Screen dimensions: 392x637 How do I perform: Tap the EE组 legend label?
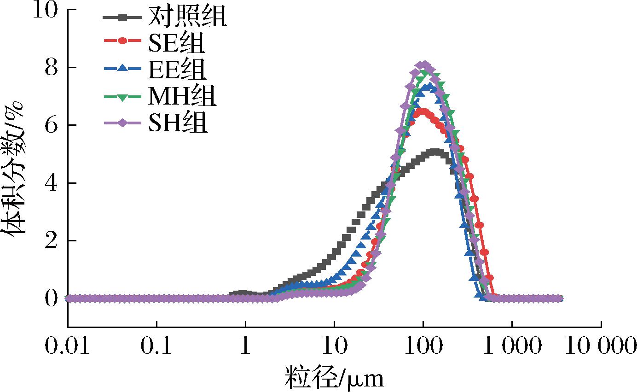point(177,70)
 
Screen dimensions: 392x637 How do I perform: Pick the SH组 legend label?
point(177,123)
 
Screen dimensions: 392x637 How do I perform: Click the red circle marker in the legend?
point(122,41)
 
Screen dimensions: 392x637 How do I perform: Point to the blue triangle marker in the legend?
point(122,68)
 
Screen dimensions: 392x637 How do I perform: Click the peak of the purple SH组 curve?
point(424,65)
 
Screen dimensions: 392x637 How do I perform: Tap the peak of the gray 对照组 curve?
point(436,152)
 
